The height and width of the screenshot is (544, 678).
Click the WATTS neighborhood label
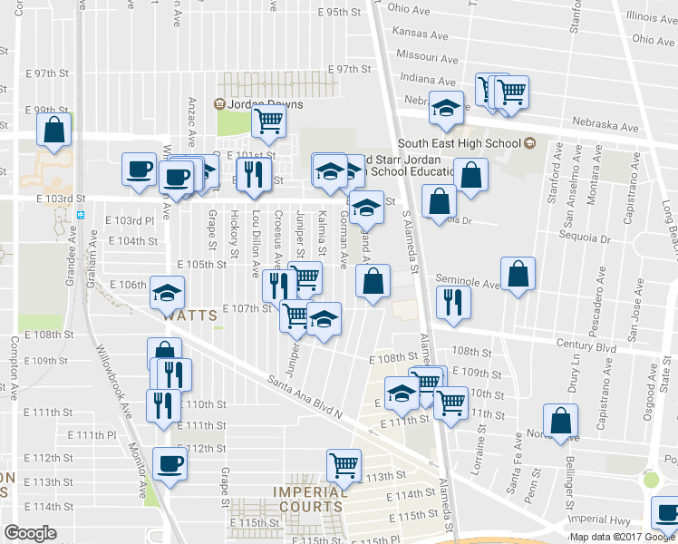coord(190,316)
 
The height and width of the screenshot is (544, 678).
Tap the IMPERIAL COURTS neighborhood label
coord(310,500)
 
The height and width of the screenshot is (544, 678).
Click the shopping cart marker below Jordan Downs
coord(268,121)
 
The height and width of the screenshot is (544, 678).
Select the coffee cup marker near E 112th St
coord(170,464)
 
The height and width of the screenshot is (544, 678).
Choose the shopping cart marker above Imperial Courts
coord(344,464)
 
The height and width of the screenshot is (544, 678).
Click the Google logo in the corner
coord(30,533)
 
